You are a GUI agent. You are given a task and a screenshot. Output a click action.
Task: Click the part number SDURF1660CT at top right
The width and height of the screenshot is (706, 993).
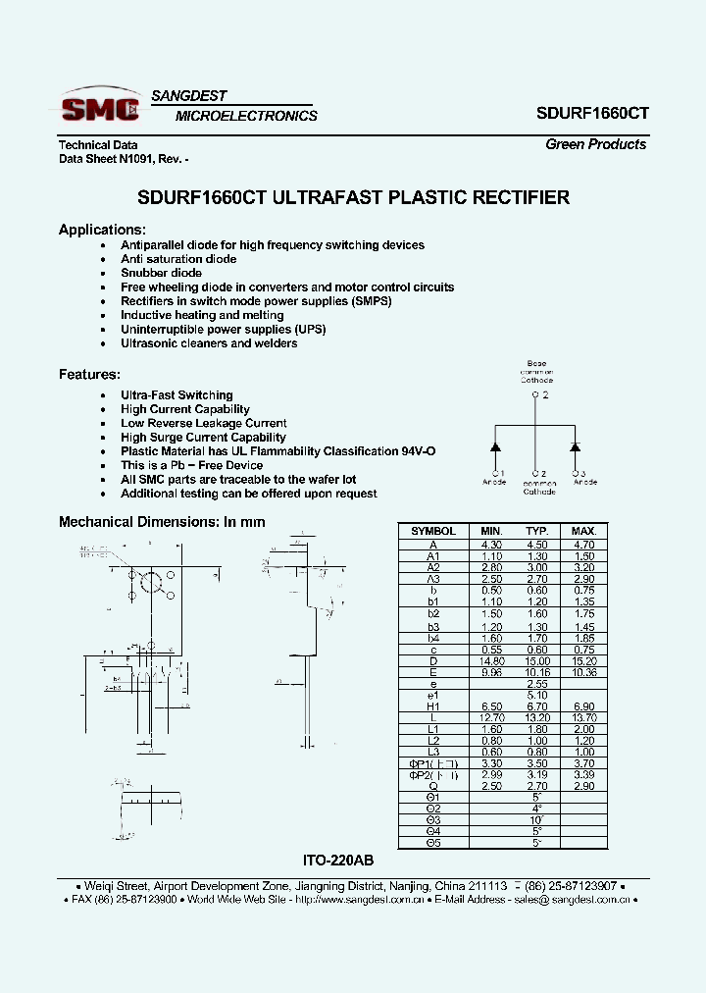(591, 113)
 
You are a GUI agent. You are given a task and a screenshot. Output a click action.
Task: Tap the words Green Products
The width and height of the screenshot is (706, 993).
(595, 144)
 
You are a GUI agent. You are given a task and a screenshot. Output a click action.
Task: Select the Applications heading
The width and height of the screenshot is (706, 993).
(102, 230)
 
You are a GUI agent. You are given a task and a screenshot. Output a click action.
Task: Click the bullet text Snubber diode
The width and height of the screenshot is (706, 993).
(161, 273)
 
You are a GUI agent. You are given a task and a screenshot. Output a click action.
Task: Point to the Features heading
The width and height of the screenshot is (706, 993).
(89, 374)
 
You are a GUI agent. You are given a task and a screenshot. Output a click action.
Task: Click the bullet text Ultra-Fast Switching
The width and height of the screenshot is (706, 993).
(176, 394)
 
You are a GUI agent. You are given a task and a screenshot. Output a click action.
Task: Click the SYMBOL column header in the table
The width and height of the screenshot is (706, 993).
(433, 530)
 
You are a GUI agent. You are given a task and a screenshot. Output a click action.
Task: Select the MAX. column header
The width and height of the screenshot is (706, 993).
(583, 530)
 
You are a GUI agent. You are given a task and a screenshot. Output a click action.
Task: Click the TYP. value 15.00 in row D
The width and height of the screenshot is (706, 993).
(536, 660)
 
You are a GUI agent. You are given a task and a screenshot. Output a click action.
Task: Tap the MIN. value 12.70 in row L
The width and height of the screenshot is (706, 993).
(491, 717)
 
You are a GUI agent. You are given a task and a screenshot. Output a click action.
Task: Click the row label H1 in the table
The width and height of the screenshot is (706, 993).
(433, 706)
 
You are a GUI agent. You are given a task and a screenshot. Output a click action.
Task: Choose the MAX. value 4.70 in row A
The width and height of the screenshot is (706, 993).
(583, 544)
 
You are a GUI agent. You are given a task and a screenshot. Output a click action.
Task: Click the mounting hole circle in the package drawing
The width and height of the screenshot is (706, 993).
(151, 583)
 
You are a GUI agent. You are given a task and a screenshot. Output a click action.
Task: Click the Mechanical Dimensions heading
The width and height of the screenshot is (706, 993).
(162, 522)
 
